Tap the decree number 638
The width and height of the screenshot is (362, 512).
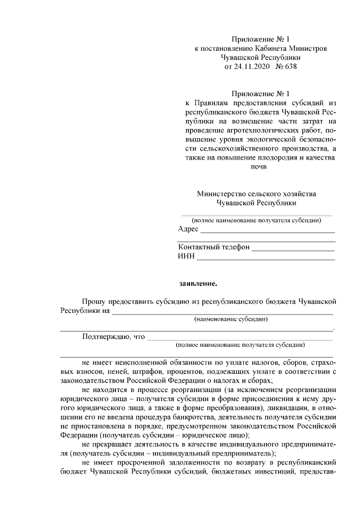click(x=288, y=66)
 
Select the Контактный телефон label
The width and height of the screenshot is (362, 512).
click(x=214, y=247)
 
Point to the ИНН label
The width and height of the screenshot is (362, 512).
click(x=186, y=256)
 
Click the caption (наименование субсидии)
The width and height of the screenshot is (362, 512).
click(x=231, y=319)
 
